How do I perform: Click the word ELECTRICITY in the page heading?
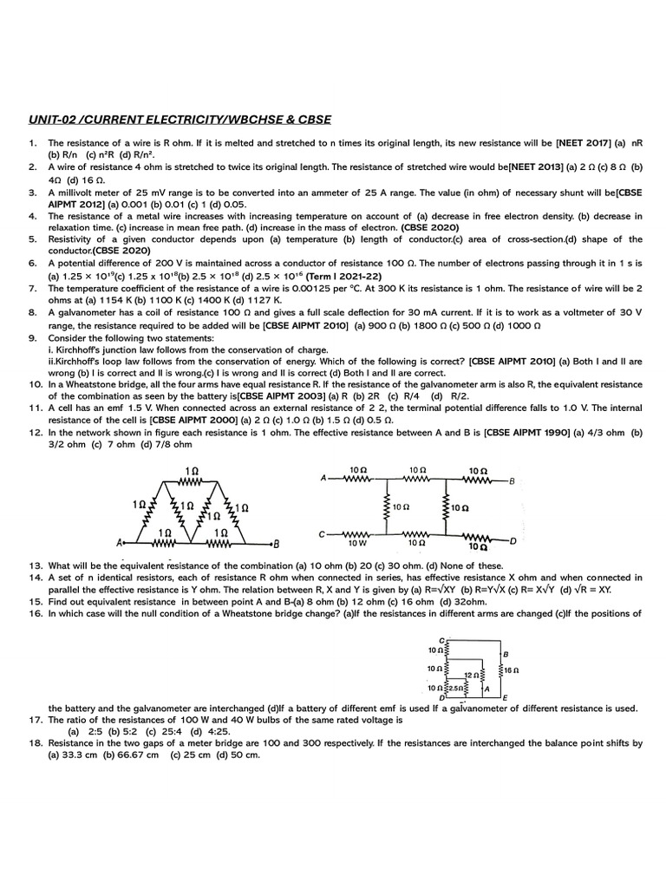(186, 119)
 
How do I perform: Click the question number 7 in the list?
(32, 287)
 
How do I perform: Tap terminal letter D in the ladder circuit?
(513, 540)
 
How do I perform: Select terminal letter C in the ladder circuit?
(323, 534)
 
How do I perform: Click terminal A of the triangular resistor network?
(119, 544)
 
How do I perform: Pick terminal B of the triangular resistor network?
(276, 545)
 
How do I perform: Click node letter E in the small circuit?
(506, 698)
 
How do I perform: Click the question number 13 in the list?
(35, 565)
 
